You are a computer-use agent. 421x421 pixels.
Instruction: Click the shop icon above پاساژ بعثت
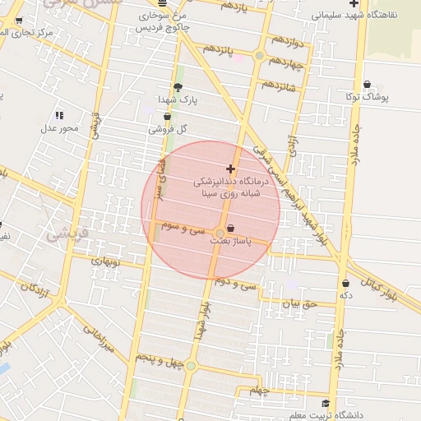229,228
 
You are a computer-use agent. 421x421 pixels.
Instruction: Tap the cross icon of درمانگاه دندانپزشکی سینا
229,169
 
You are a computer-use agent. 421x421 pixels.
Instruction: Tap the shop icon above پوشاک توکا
366,84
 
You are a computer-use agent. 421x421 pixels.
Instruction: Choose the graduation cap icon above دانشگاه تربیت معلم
326,403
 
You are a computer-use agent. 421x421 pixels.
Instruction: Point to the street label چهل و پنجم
156,359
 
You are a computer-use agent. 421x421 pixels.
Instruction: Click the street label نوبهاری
104,261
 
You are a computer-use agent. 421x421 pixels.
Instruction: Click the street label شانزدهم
278,86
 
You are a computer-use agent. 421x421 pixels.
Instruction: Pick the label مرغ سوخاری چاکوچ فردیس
160,21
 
